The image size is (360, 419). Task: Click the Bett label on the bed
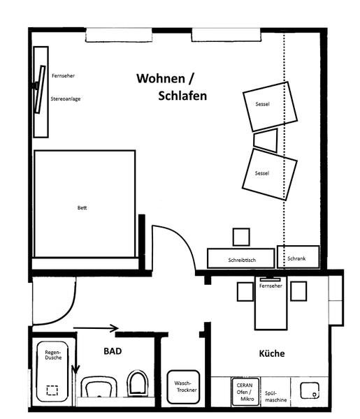82,207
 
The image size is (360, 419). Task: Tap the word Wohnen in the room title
161,78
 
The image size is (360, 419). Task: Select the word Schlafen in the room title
182,96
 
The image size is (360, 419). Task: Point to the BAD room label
113,351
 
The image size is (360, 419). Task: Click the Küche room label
272,353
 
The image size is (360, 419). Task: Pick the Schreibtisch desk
240,258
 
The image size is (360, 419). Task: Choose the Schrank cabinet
298,257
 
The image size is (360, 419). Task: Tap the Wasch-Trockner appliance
183,387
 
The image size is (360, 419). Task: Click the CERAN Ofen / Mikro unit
245,392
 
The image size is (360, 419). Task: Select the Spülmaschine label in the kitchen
275,397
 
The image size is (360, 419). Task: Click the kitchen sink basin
310,390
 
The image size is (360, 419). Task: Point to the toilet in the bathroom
138,383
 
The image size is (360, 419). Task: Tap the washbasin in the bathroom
99,387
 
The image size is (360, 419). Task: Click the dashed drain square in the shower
52,390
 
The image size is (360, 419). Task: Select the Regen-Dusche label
53,355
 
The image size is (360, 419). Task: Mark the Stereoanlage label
66,99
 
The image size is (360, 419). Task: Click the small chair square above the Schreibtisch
241,237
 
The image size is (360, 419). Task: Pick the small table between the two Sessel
266,140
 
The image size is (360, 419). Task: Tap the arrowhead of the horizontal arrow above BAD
115,328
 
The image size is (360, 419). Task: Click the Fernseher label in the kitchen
271,286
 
